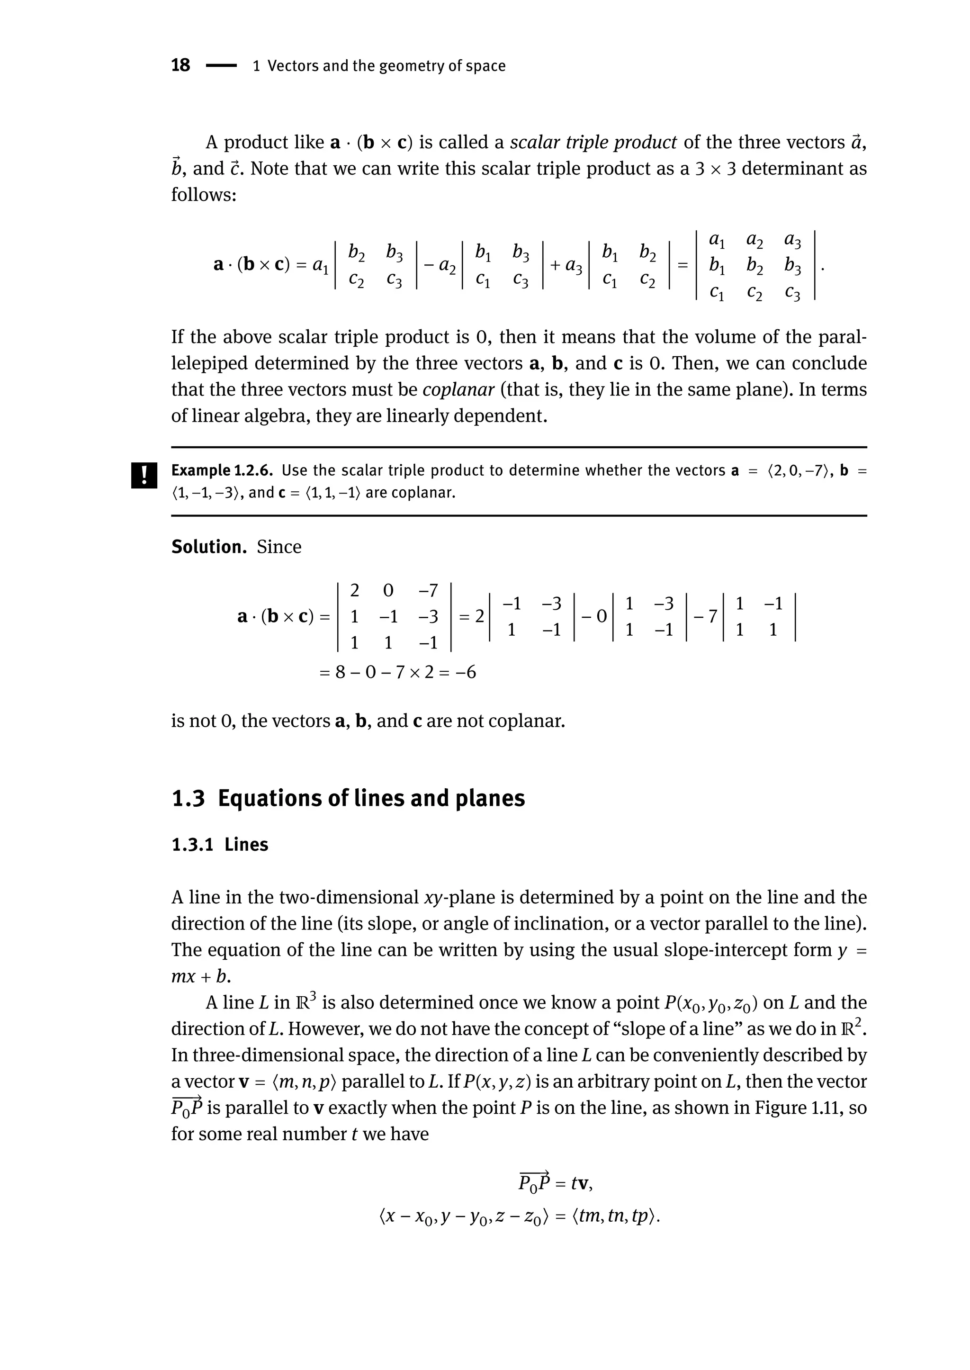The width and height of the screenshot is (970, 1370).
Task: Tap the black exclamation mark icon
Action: tap(144, 476)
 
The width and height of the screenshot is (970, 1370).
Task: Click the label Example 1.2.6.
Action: tap(222, 471)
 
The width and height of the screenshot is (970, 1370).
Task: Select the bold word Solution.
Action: tap(208, 547)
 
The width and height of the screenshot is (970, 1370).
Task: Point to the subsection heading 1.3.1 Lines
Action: tap(220, 845)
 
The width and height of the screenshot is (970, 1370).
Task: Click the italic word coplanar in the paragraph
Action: tap(458, 389)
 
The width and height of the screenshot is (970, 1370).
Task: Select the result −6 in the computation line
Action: tap(464, 673)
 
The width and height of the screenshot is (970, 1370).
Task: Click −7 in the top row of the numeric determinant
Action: tap(428, 591)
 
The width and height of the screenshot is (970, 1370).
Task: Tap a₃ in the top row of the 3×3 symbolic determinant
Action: tap(792, 240)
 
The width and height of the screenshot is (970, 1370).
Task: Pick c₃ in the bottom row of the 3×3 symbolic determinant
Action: tap(792, 293)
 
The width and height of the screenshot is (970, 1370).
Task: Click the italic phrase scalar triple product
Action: tap(593, 142)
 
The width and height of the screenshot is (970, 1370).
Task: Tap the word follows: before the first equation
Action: tap(204, 195)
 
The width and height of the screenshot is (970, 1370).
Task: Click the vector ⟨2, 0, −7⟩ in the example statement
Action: tap(799, 471)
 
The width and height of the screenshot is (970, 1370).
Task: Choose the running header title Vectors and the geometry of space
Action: tap(386, 66)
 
